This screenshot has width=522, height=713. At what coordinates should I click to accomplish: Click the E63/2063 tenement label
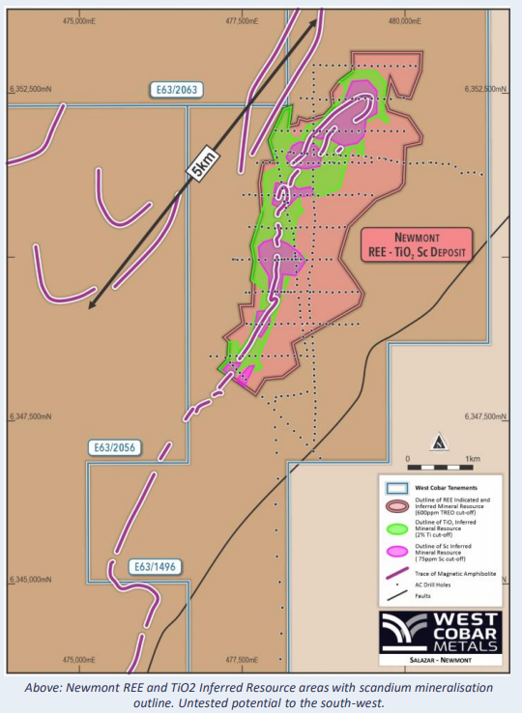click(x=175, y=91)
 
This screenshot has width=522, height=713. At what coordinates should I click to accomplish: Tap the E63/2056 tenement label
click(x=115, y=447)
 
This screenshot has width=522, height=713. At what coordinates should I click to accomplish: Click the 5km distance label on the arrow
click(x=202, y=167)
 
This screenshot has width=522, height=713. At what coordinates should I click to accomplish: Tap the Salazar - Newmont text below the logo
click(x=440, y=659)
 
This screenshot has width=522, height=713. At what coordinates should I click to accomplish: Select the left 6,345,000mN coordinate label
click(x=34, y=581)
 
